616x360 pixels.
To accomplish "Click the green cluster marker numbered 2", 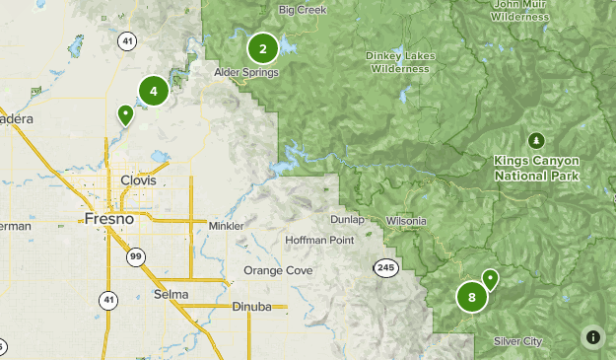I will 262,47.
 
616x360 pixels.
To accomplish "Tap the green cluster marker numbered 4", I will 153,91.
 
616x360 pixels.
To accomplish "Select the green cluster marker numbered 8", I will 472,296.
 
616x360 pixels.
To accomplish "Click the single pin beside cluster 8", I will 490,280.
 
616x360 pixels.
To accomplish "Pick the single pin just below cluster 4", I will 125,115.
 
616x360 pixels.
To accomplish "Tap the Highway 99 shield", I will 134,256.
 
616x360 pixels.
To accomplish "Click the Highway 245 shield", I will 385,267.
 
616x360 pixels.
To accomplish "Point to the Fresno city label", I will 109,218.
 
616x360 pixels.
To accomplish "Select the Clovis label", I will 138,180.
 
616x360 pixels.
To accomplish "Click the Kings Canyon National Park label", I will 537,168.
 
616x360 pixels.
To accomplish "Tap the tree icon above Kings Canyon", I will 537,139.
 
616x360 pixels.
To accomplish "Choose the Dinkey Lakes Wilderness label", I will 399,62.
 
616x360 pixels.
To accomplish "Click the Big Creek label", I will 302,10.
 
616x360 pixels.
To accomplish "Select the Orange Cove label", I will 277,270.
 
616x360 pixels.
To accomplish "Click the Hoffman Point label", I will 318,240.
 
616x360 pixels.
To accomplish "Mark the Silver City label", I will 517,341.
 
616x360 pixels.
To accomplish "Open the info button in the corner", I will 592,336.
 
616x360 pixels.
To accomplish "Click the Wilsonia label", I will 406,220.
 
